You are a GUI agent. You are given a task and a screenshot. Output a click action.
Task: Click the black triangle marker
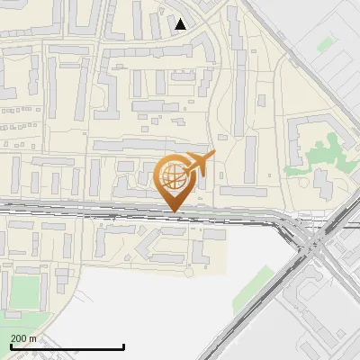[x=182, y=24]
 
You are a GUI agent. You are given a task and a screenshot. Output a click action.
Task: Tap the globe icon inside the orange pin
[x=174, y=175]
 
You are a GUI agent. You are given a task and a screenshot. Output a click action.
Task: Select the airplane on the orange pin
[x=199, y=163]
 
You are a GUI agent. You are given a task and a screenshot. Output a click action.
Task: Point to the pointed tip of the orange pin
[x=174, y=211]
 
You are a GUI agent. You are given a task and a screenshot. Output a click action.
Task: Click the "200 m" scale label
[x=23, y=338]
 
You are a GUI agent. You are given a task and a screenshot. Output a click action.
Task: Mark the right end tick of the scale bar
[x=122, y=346]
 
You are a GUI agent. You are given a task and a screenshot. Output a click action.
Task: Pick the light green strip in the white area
[x=256, y=286]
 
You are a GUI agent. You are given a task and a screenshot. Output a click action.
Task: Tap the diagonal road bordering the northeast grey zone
[x=297, y=63]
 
